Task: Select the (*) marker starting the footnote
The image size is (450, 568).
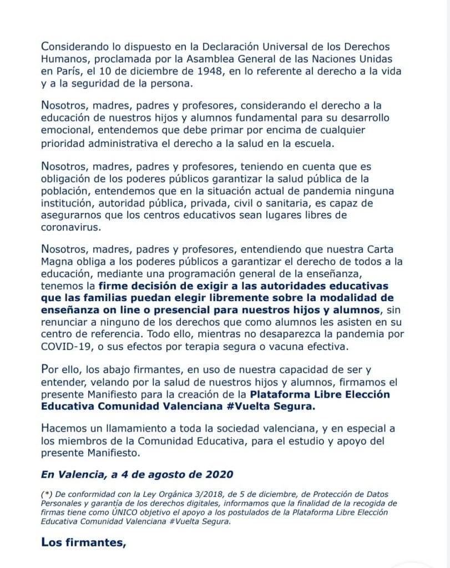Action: coord(47,494)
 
